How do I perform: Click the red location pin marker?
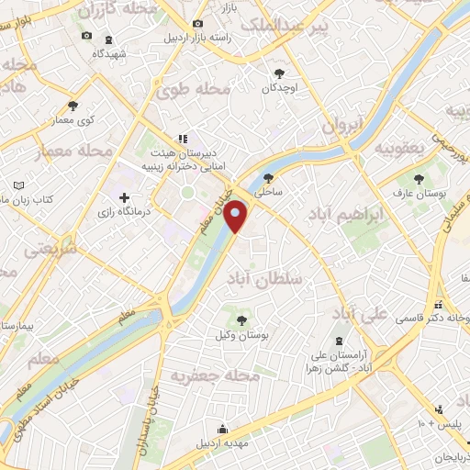(x=236, y=217)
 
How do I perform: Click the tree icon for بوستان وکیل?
(x=241, y=320)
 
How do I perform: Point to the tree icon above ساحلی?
(x=268, y=179)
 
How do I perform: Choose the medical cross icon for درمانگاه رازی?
(x=124, y=196)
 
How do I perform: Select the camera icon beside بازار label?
(x=198, y=23)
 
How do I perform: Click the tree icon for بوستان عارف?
(x=420, y=179)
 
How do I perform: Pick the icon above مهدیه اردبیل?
(x=221, y=428)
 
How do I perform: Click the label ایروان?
(x=343, y=126)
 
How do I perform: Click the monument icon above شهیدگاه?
(x=109, y=39)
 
